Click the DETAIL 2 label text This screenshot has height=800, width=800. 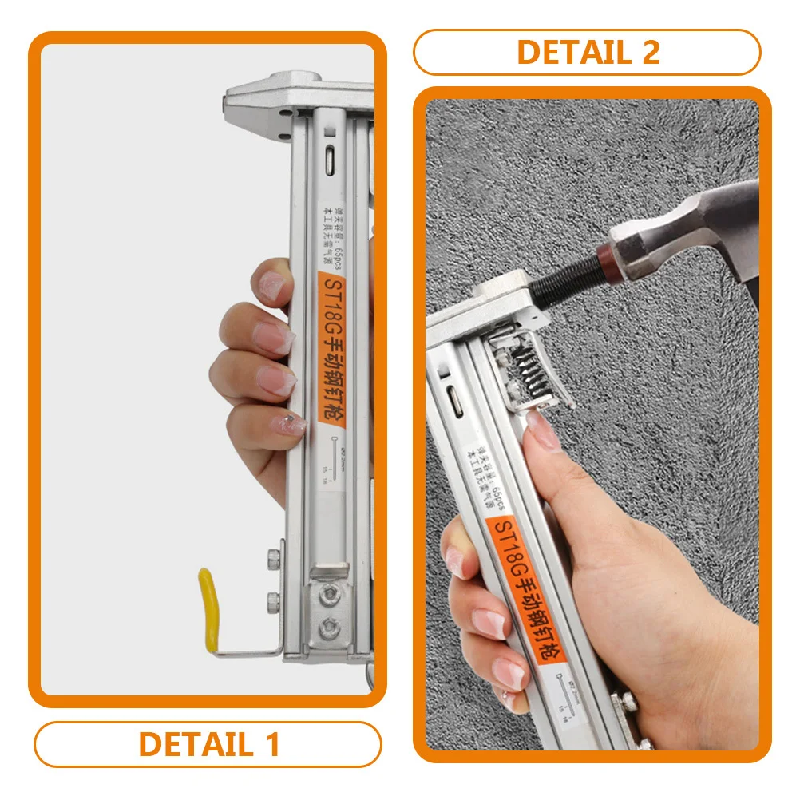[x=588, y=52]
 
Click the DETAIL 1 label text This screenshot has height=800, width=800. [x=209, y=744]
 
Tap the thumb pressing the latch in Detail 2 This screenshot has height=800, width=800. [x=543, y=435]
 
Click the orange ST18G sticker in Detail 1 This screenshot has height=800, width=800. [x=330, y=348]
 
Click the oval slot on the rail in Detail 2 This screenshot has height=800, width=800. [x=457, y=399]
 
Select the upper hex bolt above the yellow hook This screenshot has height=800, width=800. [x=275, y=554]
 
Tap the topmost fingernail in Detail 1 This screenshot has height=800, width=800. [x=271, y=283]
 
